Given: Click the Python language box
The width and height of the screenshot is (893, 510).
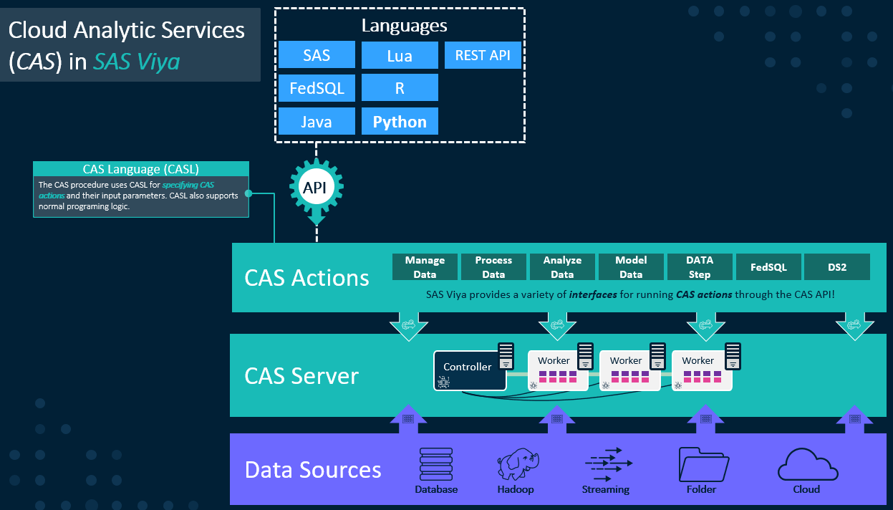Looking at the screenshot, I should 400,122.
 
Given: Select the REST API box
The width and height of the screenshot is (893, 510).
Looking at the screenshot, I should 483,55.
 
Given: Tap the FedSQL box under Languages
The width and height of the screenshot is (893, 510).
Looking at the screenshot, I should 317,88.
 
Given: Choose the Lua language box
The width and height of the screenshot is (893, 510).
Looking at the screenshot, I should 400,55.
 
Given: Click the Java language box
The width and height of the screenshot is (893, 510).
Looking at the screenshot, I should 317,122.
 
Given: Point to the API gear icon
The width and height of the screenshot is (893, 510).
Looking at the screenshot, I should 316,187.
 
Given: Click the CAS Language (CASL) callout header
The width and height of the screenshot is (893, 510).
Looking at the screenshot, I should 141,170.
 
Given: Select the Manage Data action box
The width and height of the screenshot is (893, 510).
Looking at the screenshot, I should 425,266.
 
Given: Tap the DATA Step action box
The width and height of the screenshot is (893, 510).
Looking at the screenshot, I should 700,266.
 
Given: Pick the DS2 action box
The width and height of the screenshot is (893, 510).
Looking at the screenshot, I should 837,266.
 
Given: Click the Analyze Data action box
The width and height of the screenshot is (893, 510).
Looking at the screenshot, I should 562,266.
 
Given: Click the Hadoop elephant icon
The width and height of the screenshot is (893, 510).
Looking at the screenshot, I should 515,465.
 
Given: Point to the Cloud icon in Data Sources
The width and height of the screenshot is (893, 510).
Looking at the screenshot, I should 807,465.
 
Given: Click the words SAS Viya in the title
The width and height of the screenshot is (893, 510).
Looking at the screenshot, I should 136,62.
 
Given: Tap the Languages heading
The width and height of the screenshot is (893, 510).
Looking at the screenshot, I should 404,26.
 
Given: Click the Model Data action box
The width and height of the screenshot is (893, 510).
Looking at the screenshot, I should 631,266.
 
